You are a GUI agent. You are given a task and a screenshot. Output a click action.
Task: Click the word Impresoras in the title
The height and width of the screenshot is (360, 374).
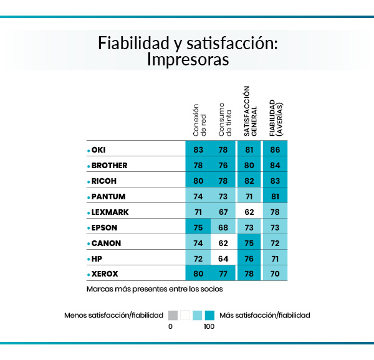coord(188,60)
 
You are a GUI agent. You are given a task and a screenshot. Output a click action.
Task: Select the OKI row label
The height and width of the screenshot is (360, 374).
coord(98,150)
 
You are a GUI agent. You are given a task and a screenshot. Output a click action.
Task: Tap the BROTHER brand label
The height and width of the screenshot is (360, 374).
coord(109,166)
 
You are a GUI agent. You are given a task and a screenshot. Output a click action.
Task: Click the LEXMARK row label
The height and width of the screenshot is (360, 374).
coord(110,212)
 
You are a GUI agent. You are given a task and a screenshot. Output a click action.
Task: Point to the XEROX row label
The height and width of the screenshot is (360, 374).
coord(105,274)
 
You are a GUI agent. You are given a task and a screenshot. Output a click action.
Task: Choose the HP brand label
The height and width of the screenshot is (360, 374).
coord(97,258)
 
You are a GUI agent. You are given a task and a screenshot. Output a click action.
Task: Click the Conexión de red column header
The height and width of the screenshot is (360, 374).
coord(198,119)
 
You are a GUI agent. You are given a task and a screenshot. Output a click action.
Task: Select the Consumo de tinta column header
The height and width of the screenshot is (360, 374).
coord(224,119)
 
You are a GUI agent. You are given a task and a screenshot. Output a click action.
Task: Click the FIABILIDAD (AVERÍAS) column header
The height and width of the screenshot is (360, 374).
coord(275,116)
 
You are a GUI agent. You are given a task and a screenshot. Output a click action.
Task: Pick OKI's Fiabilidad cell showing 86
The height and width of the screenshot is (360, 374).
coord(275,150)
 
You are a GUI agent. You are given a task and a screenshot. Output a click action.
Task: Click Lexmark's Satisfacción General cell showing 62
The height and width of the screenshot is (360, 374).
coord(249,212)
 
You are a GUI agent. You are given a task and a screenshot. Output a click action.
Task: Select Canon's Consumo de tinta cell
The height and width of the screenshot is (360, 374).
coord(224,243)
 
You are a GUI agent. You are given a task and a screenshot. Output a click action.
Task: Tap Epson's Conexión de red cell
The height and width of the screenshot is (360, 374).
coord(198,227)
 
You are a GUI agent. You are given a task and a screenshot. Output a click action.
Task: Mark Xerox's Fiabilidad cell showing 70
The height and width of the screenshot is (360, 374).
coord(275,274)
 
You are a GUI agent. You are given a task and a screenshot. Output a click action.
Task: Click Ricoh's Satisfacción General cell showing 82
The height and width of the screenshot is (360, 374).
coord(249,181)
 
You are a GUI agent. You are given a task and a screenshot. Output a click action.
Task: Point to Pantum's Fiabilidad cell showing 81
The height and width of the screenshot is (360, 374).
coord(275,197)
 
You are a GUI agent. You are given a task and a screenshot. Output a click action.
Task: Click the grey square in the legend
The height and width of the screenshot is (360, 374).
coord(173,315)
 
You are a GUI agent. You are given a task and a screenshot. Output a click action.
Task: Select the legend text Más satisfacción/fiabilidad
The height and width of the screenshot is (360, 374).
coord(265,315)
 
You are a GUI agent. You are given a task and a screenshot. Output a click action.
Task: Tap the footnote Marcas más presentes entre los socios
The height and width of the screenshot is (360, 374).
coord(155,289)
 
